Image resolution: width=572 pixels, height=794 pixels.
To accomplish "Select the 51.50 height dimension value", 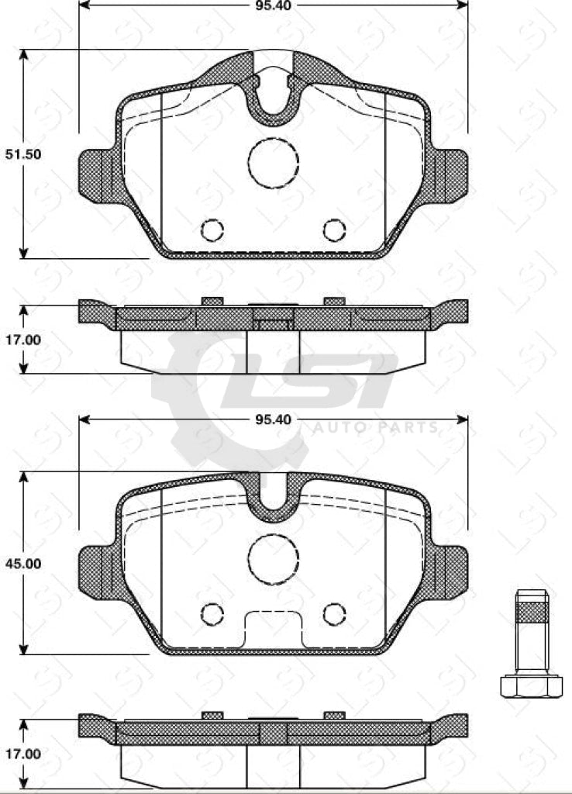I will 23,154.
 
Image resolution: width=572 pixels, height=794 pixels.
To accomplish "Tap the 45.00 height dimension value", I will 23,564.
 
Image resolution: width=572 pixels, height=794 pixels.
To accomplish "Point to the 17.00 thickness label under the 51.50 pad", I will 23,339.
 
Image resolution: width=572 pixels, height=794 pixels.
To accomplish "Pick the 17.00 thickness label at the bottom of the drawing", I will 23,753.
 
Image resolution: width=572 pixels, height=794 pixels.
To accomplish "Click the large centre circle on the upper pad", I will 273,162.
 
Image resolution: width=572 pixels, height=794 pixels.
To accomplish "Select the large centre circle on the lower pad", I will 273,558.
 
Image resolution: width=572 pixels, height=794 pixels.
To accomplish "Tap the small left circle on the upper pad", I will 212,230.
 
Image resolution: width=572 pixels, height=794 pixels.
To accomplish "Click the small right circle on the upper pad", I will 334,230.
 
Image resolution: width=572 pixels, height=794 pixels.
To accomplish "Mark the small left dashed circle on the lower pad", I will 212,613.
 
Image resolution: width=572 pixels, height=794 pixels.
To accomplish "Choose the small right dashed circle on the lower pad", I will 334,613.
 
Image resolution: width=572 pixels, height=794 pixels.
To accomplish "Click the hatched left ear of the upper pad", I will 96,171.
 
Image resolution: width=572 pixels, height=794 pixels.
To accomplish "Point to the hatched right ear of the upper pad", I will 450,171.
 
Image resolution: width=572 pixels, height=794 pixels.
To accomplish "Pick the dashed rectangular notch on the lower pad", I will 273,629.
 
